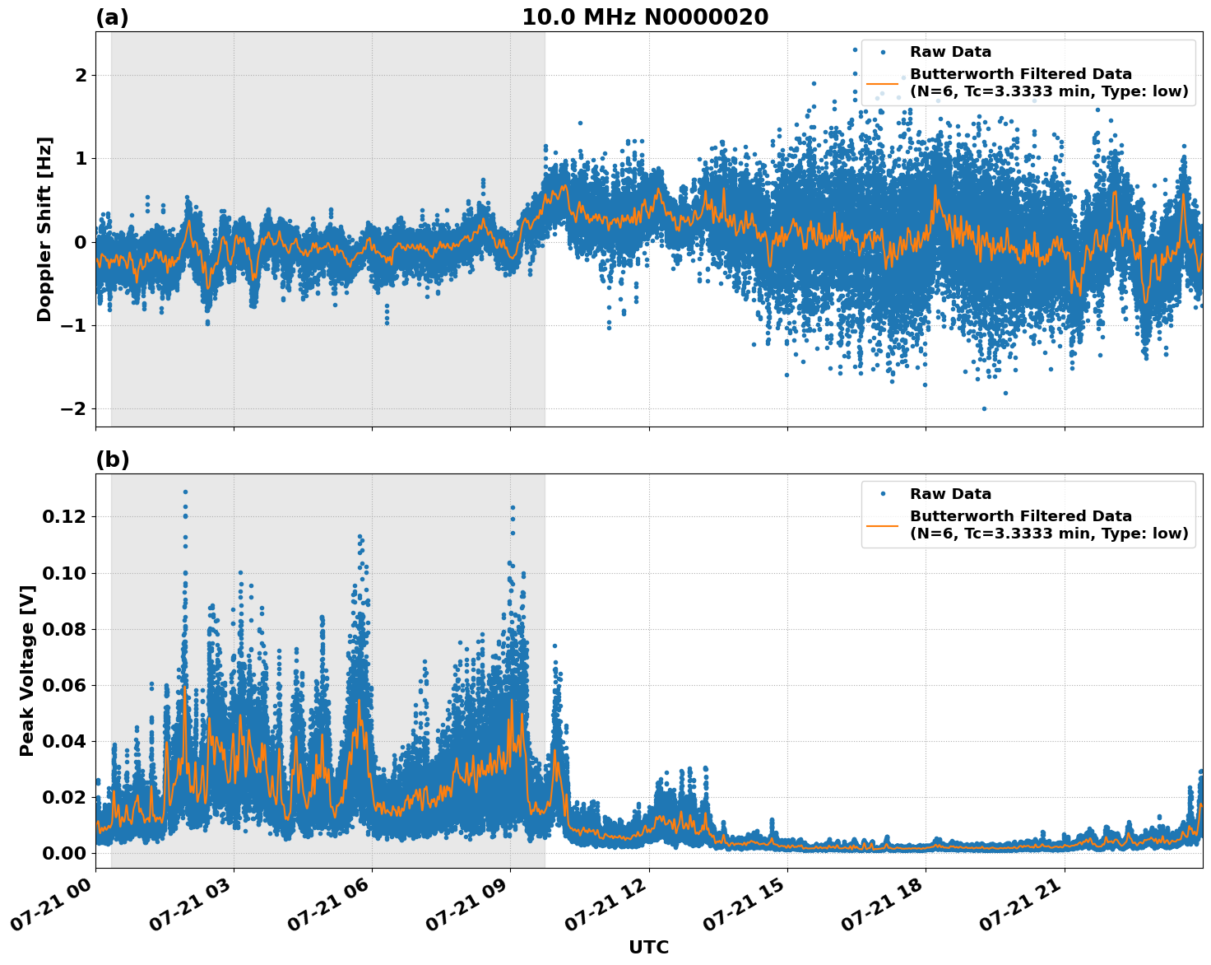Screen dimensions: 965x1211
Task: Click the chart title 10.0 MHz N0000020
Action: click(x=645, y=17)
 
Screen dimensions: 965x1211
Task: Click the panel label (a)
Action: click(x=112, y=17)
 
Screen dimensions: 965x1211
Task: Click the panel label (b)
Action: click(x=112, y=459)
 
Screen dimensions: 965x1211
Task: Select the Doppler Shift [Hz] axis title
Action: click(x=44, y=229)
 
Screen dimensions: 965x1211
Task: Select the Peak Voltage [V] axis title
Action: click(x=27, y=671)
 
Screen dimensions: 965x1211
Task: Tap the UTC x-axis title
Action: click(x=648, y=947)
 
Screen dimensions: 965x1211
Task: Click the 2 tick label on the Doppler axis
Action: click(x=81, y=76)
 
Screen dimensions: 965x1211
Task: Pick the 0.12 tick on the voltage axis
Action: click(x=63, y=517)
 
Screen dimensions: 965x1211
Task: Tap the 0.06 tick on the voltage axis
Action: click(x=63, y=685)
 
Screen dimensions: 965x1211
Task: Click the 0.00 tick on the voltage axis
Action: click(x=63, y=853)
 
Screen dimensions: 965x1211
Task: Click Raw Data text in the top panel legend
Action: click(x=950, y=53)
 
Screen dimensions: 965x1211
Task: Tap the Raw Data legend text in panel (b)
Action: click(x=950, y=494)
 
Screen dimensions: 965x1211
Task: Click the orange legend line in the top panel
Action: click(x=883, y=83)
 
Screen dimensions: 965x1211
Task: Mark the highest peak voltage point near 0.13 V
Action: click(x=185, y=492)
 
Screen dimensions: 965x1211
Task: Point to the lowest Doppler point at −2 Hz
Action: click(x=984, y=408)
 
